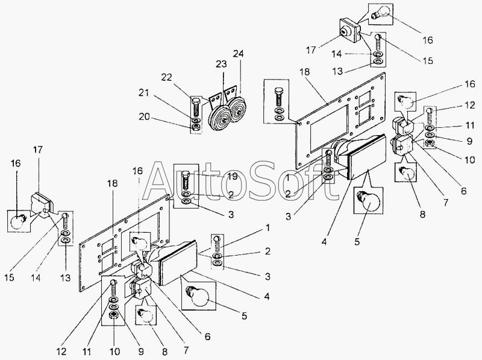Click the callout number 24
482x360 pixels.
tap(238, 54)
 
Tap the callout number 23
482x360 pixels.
tap(221, 64)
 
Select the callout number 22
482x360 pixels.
tap(167, 78)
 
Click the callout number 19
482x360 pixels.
tap(233, 176)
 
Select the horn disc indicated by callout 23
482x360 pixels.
tap(219, 117)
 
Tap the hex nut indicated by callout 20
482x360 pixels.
tap(196, 127)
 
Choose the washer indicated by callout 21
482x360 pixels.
tap(196, 119)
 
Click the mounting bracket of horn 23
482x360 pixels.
tap(215, 99)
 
